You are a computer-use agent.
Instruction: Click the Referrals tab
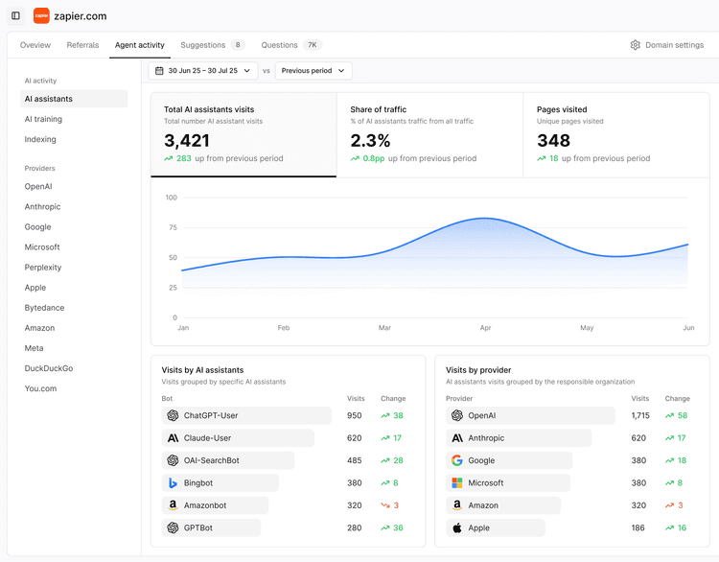82,45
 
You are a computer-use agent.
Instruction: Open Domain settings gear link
667,45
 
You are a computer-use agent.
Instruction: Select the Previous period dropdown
313,71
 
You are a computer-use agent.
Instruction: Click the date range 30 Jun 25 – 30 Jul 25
203,71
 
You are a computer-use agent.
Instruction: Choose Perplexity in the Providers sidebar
43,268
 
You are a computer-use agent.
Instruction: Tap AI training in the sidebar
43,119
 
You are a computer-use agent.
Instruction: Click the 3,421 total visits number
187,141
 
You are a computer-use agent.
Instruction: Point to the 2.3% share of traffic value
370,141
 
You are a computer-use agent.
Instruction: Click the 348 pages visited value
553,141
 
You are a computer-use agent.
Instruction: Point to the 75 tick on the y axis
172,227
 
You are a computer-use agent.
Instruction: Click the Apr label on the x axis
485,328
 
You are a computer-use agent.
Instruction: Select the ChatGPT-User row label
211,416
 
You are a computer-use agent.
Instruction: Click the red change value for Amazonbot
397,505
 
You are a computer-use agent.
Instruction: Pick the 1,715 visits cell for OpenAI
639,416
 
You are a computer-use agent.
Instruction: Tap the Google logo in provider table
457,460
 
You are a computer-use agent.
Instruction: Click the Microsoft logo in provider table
457,483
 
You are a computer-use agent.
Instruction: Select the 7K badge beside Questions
313,45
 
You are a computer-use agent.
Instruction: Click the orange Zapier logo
41,15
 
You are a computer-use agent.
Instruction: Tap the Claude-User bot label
207,438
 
